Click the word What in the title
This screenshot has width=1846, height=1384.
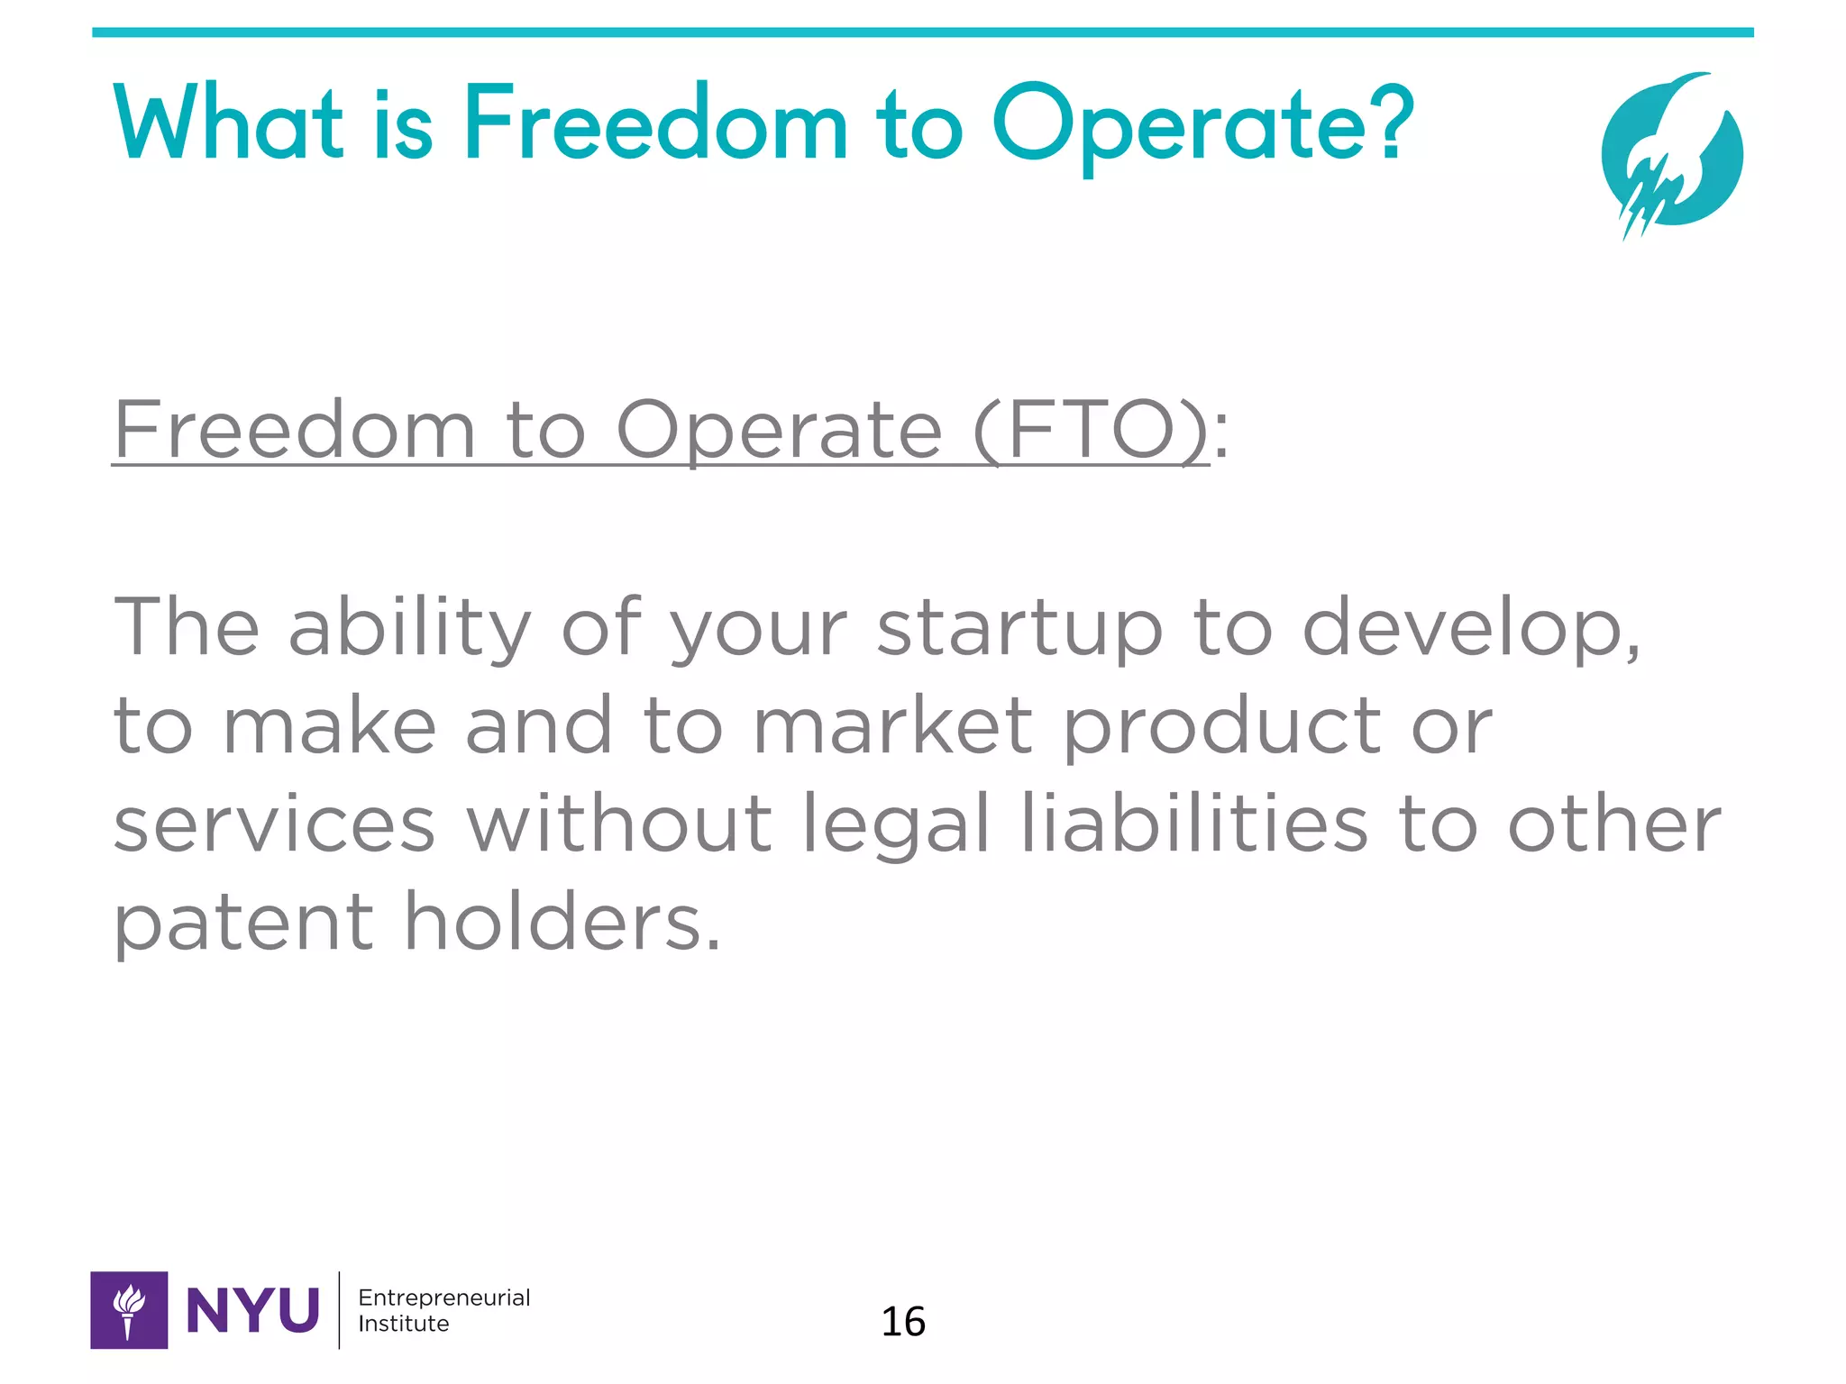(x=228, y=123)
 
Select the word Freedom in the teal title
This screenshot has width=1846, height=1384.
(x=655, y=123)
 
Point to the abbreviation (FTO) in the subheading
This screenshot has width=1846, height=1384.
(x=1091, y=431)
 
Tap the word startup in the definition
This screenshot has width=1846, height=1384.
(x=1019, y=629)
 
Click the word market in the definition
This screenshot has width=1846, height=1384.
(x=892, y=726)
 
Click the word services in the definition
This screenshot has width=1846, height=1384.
(x=275, y=824)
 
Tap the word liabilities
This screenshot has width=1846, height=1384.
(x=1194, y=824)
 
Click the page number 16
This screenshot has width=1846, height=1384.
(x=903, y=1322)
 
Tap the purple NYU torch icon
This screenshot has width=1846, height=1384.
(x=129, y=1310)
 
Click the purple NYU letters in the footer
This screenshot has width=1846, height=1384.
(x=252, y=1311)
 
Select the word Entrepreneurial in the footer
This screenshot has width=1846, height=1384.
(x=443, y=1298)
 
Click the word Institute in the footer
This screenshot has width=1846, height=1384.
(x=403, y=1324)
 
